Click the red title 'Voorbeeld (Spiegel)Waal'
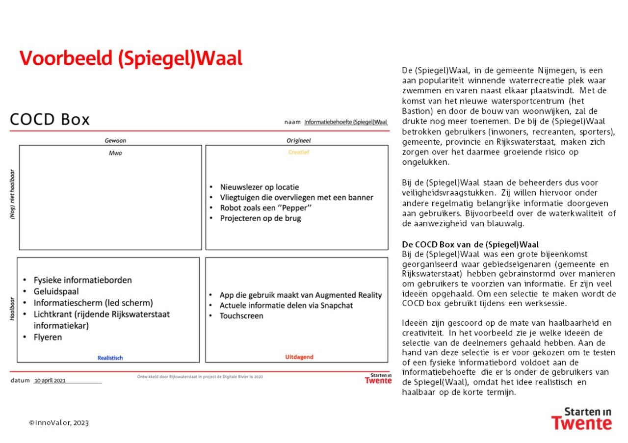click(x=131, y=58)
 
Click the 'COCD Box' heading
click(x=50, y=120)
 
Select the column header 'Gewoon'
click(x=115, y=140)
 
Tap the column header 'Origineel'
click(x=299, y=140)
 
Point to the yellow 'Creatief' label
click(x=299, y=152)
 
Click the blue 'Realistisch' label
click(x=110, y=358)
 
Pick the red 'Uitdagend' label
click(x=299, y=357)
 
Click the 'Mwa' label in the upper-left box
click(x=115, y=153)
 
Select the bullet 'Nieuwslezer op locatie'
click(x=260, y=187)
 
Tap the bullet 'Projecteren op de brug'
click(x=261, y=218)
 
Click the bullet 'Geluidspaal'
click(x=56, y=291)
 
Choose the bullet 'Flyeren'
click(x=48, y=337)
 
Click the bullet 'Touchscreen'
click(x=241, y=315)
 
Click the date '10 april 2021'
click(x=50, y=381)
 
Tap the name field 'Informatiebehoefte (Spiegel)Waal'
click(x=345, y=122)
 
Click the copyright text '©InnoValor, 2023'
click(x=59, y=423)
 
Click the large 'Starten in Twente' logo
click(x=581, y=418)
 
